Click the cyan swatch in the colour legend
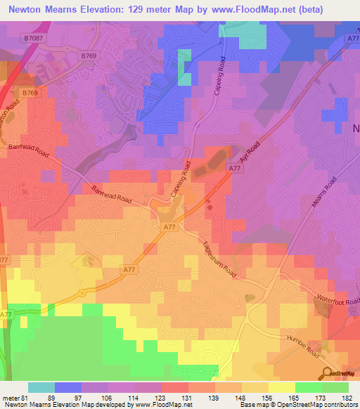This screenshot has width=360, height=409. [41, 387]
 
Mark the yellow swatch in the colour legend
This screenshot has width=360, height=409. [282, 387]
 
